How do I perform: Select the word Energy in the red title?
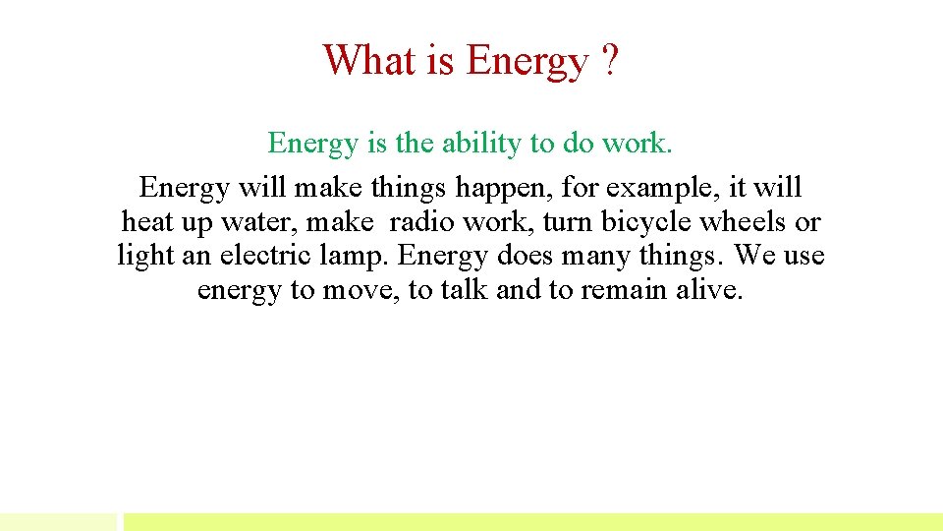(x=526, y=62)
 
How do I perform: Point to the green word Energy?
(x=312, y=145)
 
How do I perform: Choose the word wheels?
(x=742, y=222)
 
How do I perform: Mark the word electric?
(x=267, y=257)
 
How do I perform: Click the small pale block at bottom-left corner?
(x=58, y=521)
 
